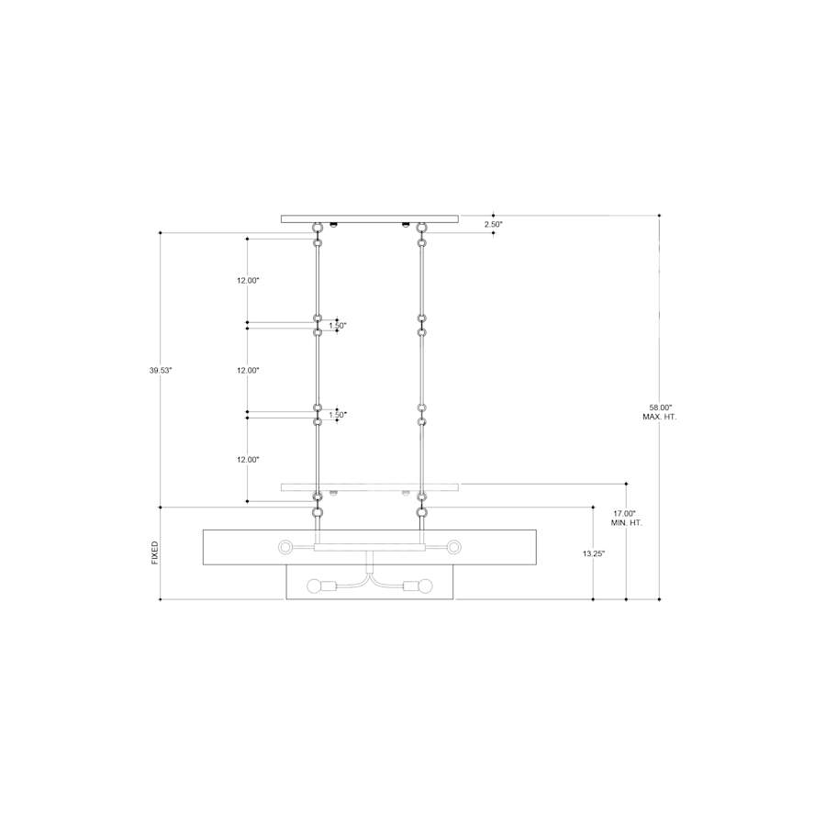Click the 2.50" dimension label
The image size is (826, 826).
point(494,225)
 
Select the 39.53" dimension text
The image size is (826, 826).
point(161,371)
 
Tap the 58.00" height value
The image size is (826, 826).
point(661,407)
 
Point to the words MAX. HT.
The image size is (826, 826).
point(660,417)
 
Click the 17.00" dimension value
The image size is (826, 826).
point(625,513)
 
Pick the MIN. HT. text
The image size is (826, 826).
point(626,523)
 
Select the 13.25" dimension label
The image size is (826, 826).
point(594,553)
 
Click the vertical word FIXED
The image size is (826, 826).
point(155,553)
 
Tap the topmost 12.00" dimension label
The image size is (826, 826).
point(248,281)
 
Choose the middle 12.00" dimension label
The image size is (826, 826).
point(248,371)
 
